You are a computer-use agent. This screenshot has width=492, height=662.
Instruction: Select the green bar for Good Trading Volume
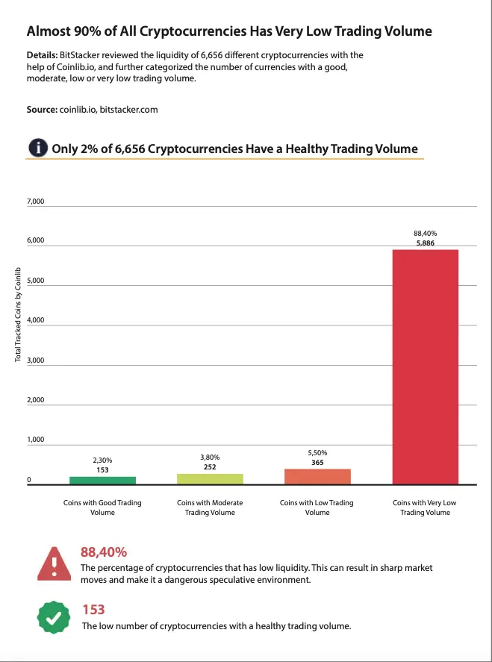point(102,480)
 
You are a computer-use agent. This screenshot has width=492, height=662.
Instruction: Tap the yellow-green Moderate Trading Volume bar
point(210,478)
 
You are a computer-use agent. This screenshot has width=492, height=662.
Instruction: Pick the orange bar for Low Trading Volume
point(317,476)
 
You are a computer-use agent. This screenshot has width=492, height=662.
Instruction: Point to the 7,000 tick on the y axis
point(36,202)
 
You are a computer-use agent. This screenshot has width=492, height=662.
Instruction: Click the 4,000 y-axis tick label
point(36,320)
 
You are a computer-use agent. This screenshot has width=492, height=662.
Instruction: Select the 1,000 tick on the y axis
point(36,440)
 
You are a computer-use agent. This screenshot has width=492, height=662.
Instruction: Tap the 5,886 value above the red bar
point(426,243)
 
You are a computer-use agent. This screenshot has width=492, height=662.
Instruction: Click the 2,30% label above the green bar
point(102,460)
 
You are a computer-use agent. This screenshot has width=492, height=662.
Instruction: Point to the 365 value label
point(317,463)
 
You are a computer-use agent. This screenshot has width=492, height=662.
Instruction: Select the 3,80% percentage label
point(210,457)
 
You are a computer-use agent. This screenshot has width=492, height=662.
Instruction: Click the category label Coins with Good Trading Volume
point(102,508)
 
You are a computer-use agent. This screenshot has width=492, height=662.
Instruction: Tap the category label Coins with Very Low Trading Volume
point(425,508)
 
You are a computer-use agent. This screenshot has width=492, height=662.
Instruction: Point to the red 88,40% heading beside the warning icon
point(104,552)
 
